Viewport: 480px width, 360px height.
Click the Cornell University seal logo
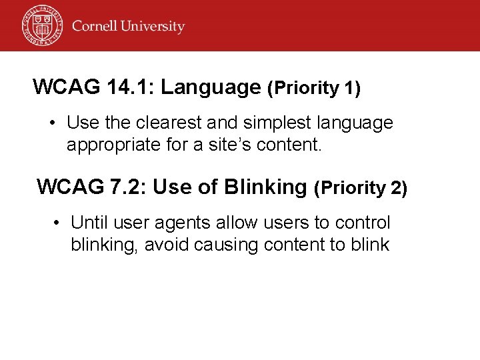coord(41,25)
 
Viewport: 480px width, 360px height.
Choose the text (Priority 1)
coord(313,88)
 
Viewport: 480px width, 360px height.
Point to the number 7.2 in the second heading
coord(127,187)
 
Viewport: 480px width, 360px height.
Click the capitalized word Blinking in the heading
coord(265,187)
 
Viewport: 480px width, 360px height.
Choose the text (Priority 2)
coord(360,189)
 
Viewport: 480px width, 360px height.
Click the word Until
coord(91,223)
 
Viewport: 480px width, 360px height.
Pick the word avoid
coord(167,245)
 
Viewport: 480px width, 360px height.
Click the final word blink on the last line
coord(368,245)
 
